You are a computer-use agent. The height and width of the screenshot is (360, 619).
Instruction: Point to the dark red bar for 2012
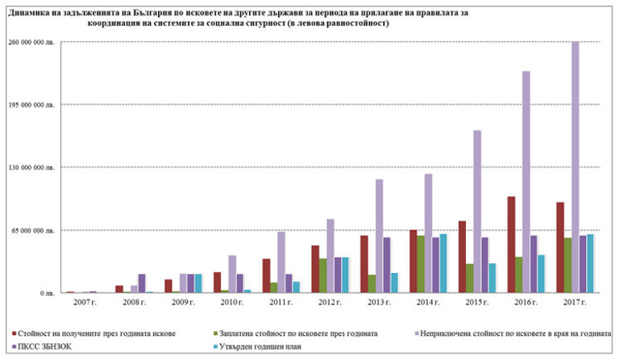[316, 269]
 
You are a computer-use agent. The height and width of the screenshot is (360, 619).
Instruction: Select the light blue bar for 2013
[395, 283]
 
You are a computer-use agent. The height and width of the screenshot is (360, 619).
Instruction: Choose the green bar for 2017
[567, 265]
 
